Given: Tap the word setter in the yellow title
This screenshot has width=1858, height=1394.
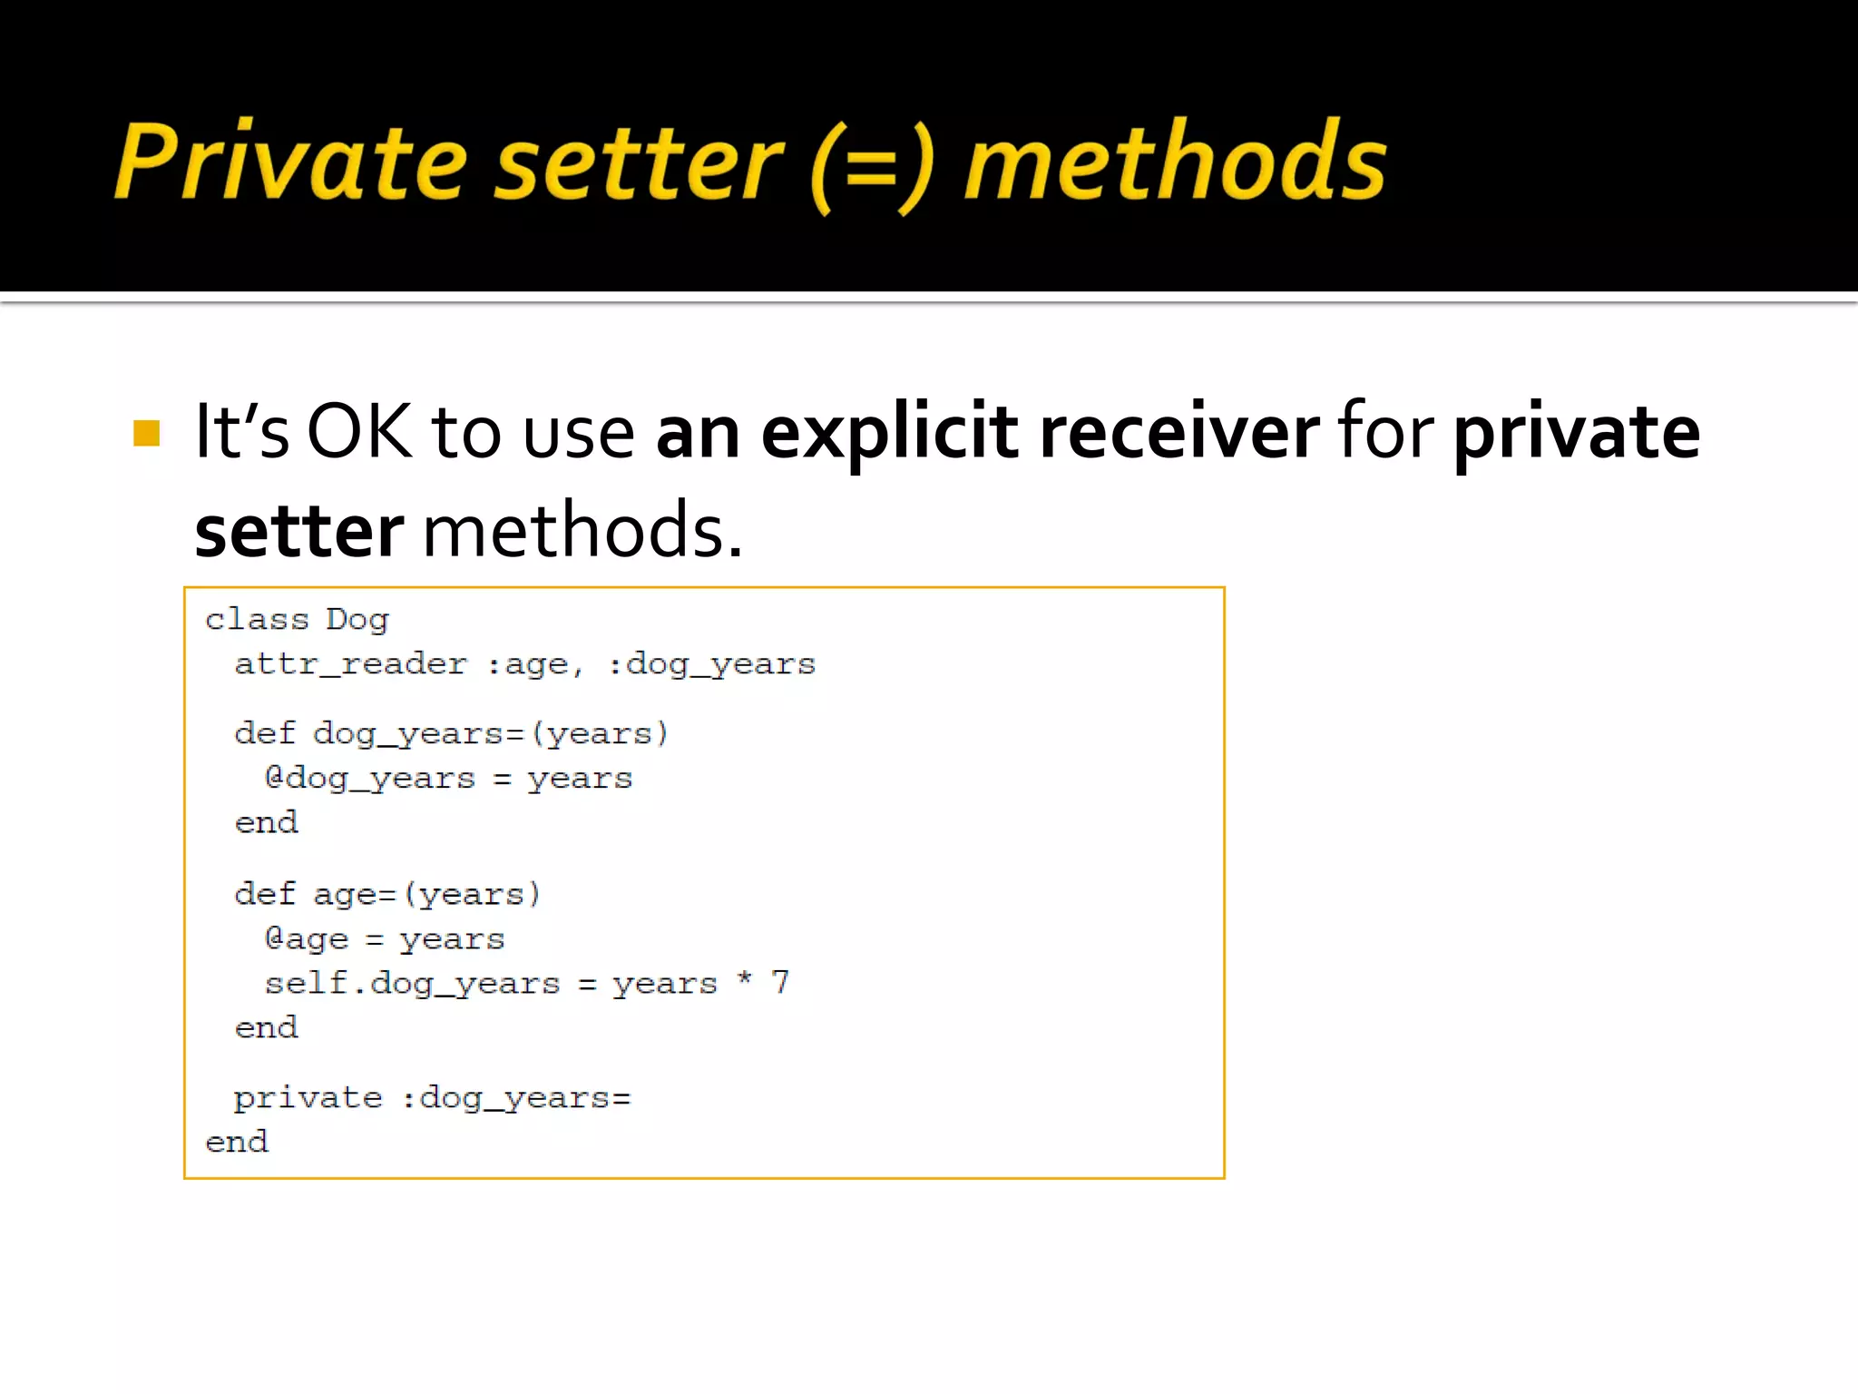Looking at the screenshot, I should (639, 163).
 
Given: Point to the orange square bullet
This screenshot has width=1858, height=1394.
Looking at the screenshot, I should (146, 433).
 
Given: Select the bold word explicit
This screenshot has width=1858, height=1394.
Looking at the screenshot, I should (890, 434).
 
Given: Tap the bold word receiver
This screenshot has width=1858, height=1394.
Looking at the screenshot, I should (1179, 432).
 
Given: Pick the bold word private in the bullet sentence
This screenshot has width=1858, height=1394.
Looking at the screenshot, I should (1577, 434).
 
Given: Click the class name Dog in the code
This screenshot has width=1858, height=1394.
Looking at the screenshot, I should (357, 620).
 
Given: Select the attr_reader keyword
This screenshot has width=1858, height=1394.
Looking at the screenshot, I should (350, 664).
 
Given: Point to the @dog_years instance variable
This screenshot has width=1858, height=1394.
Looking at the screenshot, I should (369, 779).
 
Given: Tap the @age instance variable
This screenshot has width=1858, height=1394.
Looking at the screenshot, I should (306, 939).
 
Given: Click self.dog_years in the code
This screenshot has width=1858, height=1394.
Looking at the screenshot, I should (412, 984).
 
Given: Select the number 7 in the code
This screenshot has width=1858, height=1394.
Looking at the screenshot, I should (780, 982).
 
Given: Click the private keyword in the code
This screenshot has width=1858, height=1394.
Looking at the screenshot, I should (308, 1098).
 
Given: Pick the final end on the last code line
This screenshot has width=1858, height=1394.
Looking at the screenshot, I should (237, 1142).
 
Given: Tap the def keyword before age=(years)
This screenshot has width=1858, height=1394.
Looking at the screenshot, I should (265, 894).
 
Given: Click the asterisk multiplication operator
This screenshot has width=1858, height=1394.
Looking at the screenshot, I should (745, 978).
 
